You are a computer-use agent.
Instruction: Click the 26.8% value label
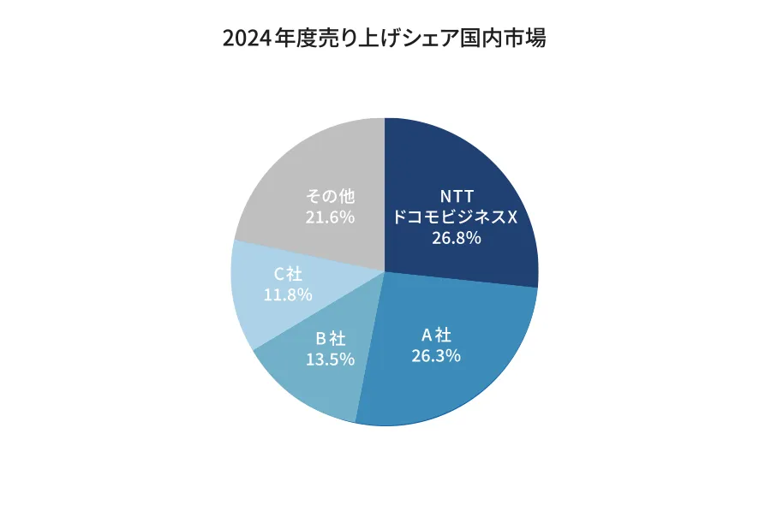click(x=456, y=238)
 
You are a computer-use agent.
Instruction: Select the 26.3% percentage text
click(x=436, y=354)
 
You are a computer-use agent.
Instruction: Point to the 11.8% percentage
click(x=288, y=294)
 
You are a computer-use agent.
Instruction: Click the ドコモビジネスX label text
click(x=455, y=217)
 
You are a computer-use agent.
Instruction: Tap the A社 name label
click(x=436, y=333)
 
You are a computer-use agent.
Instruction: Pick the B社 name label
click(x=331, y=338)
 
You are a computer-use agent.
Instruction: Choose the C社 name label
click(x=288, y=274)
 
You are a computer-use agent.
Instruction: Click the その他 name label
click(x=330, y=196)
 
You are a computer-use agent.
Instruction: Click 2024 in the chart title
click(x=245, y=39)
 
